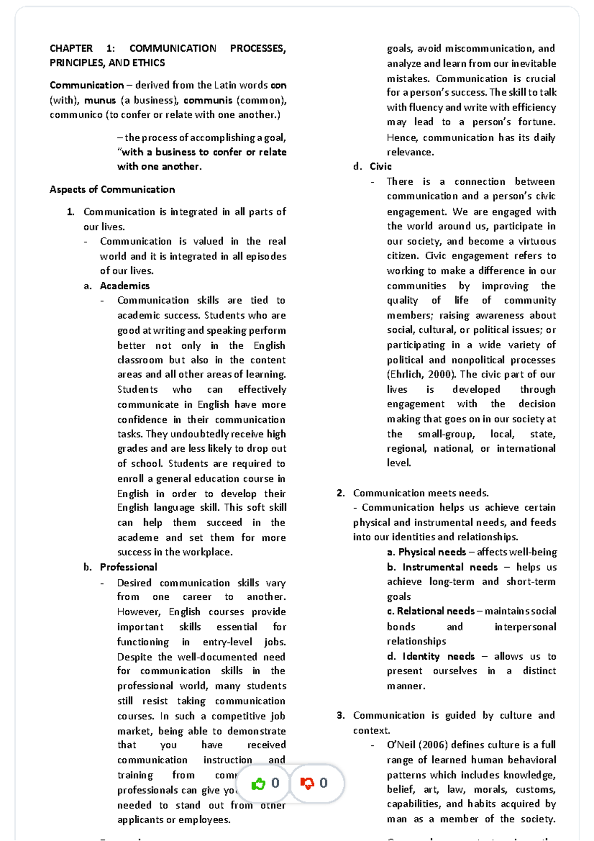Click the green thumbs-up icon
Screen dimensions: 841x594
pos(258,784)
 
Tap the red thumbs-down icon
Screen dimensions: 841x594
pos(307,783)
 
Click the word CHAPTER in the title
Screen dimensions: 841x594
pos(71,49)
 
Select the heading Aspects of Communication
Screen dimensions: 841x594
pos(112,189)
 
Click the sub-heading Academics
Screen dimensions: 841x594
pos(124,286)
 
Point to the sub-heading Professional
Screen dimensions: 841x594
pos(128,567)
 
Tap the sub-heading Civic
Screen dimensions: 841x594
pos(380,166)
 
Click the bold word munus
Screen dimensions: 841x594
pos(99,100)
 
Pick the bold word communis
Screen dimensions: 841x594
pos(207,100)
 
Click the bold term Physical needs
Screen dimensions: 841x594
pos(432,552)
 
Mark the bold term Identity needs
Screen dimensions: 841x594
pos(438,656)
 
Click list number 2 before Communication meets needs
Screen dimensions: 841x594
pos(340,493)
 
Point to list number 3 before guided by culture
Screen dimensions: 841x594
pos(340,715)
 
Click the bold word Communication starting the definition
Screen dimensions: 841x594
pos(86,85)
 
